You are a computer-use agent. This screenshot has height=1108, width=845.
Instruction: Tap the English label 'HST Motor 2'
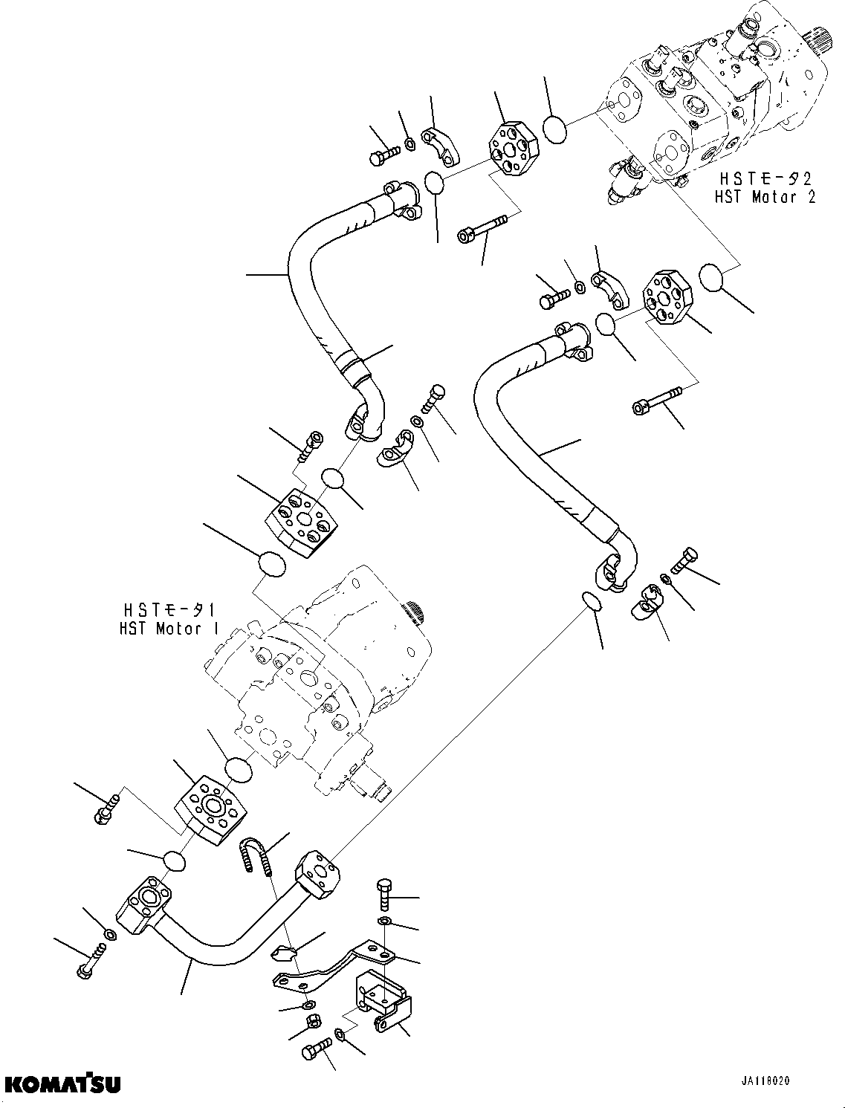[x=765, y=197]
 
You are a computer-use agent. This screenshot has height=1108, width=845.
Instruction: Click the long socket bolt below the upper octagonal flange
[x=483, y=227]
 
